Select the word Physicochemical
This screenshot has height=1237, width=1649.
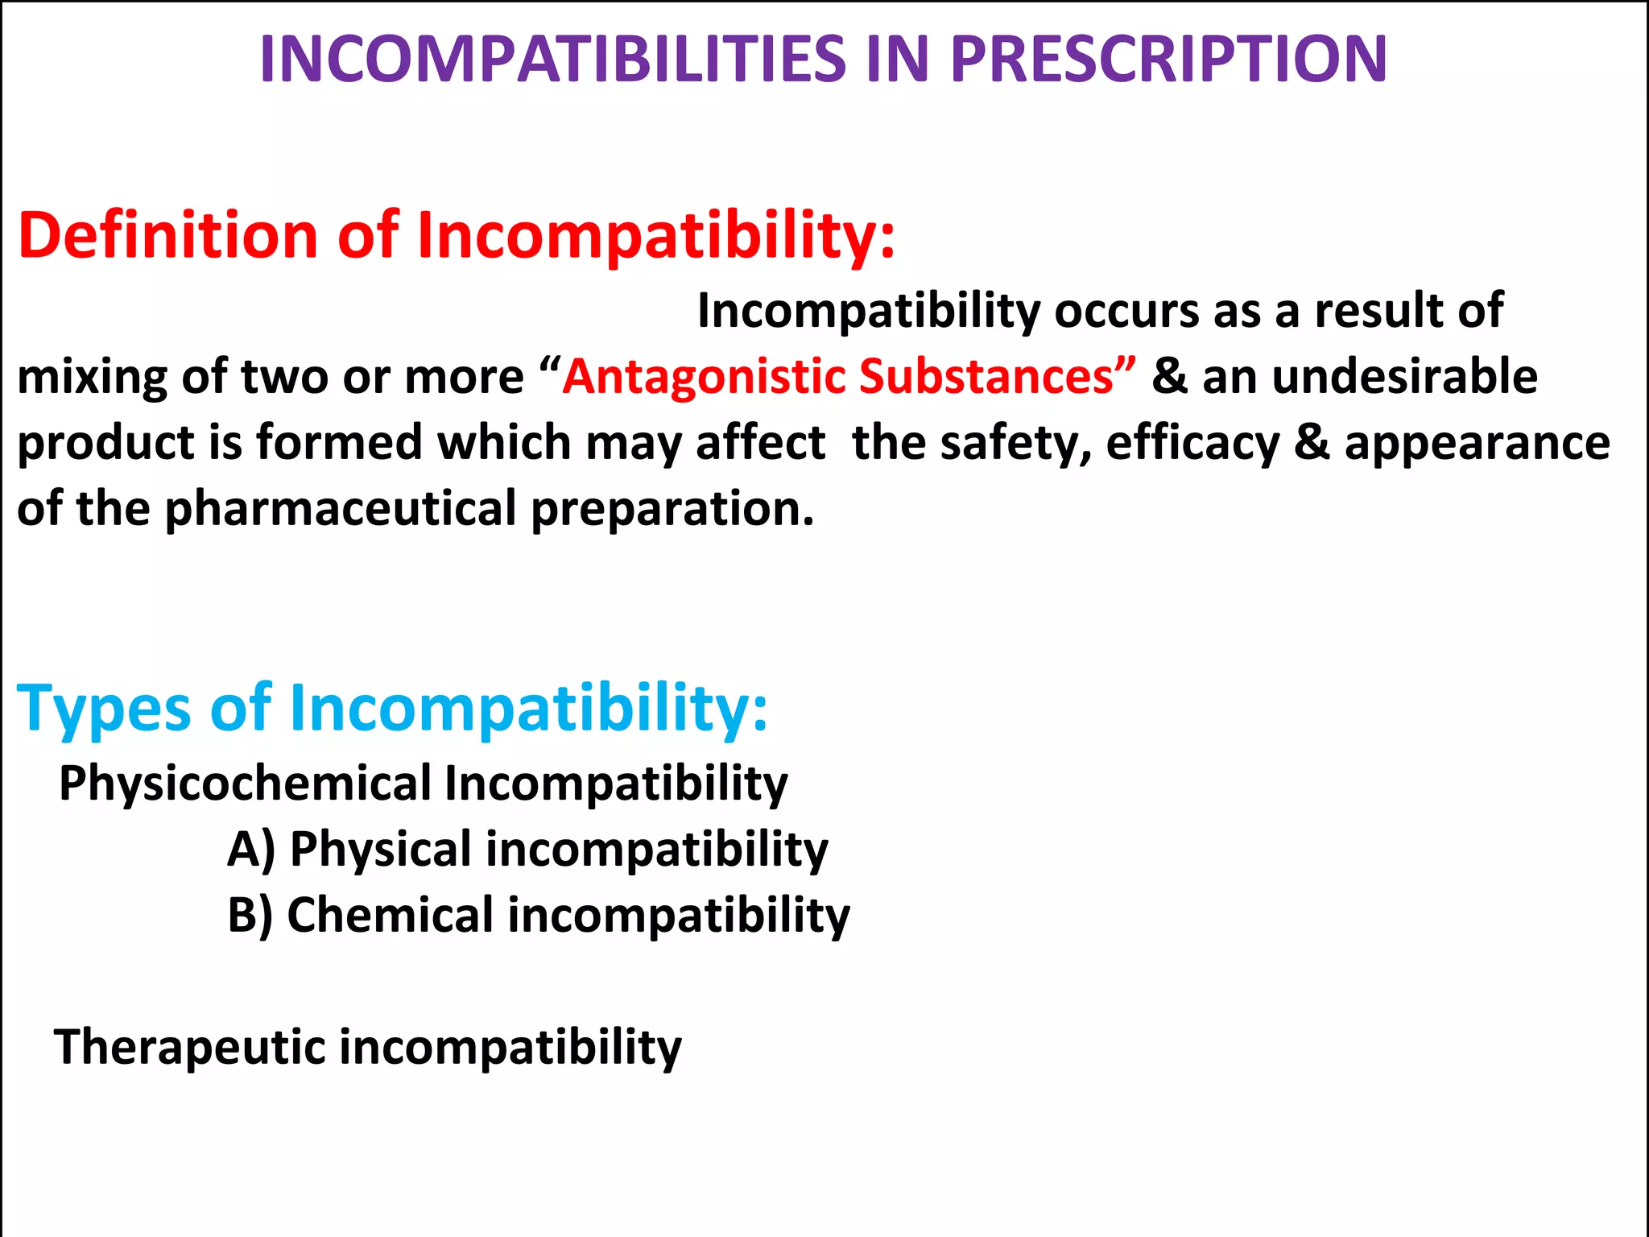point(246,783)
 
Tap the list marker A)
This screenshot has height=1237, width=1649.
point(251,849)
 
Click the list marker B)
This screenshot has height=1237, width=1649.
point(250,915)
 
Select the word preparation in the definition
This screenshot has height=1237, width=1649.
point(672,509)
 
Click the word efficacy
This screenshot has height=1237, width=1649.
point(1192,443)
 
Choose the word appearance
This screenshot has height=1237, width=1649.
point(1477,443)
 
